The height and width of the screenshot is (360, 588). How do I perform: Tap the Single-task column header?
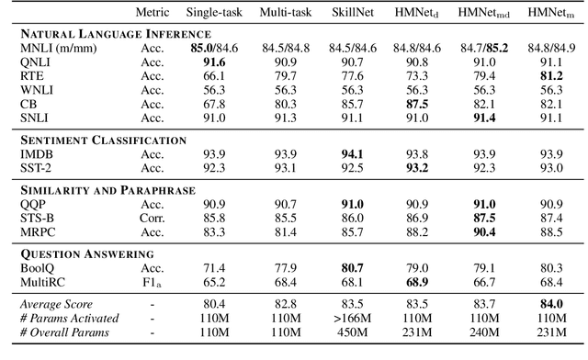pyautogui.click(x=213, y=14)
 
